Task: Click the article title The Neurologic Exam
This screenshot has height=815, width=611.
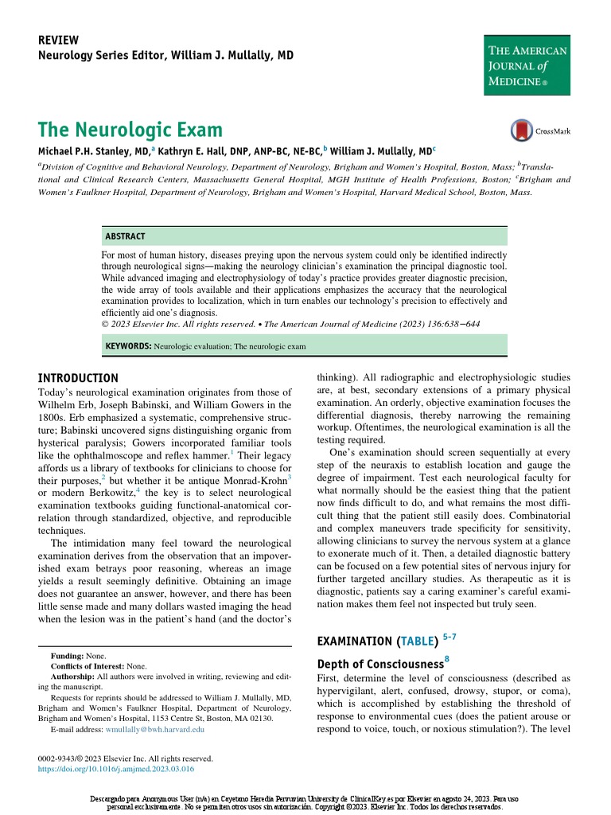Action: click(130, 130)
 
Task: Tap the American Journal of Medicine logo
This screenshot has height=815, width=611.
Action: click(527, 65)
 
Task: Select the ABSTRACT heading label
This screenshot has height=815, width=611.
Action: click(125, 236)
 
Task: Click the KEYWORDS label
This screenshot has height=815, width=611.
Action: click(128, 347)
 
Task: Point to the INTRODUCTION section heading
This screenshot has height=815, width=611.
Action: click(79, 377)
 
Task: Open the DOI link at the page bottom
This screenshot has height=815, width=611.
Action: click(116, 770)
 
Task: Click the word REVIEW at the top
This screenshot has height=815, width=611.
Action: click(58, 41)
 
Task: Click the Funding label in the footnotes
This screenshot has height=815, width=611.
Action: click(68, 655)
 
